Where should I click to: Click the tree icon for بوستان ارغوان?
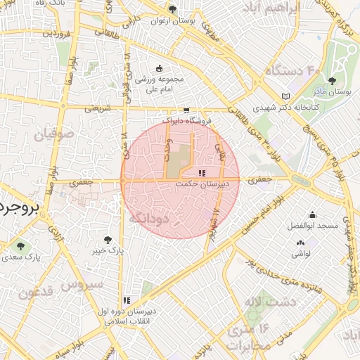tap(172, 9)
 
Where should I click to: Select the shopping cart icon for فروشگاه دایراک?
tap(186, 110)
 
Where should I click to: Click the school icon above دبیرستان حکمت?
tap(202, 172)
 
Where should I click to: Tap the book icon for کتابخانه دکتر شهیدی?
tap(285, 96)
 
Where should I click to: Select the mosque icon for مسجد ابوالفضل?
tap(312, 215)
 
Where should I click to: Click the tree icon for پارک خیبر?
tap(108, 240)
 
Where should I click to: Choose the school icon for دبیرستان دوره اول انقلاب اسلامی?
tap(127, 300)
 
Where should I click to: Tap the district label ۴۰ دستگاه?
tap(292, 71)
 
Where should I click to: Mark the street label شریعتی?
tap(98, 108)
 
